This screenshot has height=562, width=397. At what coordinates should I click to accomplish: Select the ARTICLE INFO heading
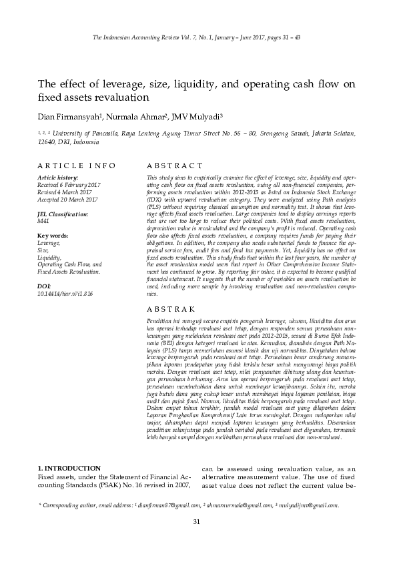pyautogui.click(x=77, y=166)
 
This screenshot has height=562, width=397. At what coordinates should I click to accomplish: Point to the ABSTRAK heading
pyautogui.click(x=171, y=310)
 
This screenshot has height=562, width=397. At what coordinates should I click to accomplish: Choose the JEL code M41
pyautogui.click(x=43, y=221)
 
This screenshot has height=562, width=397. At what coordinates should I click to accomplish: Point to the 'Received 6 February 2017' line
pyautogui.click(x=69, y=185)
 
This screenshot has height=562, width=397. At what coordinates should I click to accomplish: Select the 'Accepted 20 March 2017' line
pyautogui.click(x=68, y=200)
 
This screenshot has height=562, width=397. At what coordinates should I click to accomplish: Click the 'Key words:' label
pyautogui.click(x=53, y=236)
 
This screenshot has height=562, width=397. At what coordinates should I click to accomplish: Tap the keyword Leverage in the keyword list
pyautogui.click(x=49, y=243)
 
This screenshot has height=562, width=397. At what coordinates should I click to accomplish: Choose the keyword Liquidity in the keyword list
pyautogui.click(x=49, y=258)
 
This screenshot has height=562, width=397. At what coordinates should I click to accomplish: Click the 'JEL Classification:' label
pyautogui.click(x=63, y=214)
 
